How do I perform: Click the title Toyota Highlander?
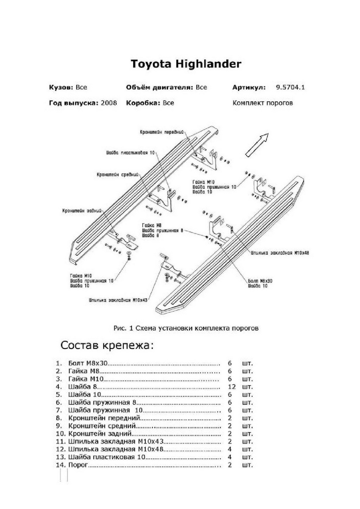click(x=186, y=64)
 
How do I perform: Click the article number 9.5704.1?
click(x=291, y=87)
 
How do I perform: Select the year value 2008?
click(x=109, y=103)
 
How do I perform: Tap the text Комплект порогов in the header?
click(x=262, y=103)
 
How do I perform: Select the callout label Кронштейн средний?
click(x=118, y=174)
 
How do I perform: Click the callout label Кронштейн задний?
click(x=83, y=210)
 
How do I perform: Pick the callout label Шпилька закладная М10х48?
click(x=279, y=252)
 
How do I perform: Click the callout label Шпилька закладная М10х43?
click(x=118, y=299)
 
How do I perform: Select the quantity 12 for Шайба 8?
click(x=231, y=387)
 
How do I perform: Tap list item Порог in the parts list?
click(x=78, y=465)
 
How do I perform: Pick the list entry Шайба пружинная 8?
click(x=101, y=403)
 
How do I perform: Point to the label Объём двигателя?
click(x=160, y=87)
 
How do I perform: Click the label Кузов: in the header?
click(x=61, y=87)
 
